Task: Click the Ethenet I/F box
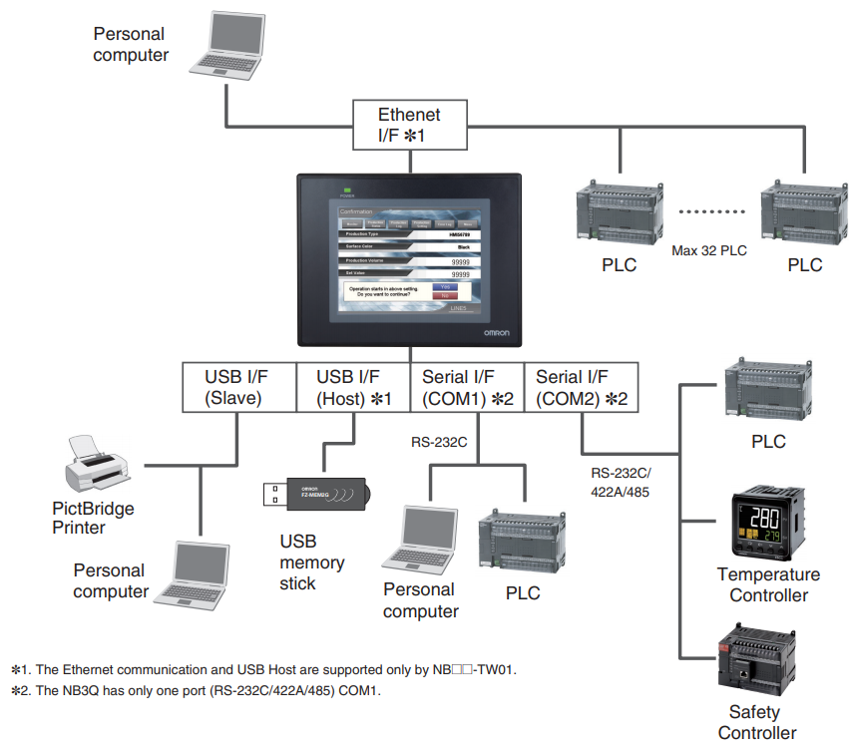409,125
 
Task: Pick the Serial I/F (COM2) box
581,387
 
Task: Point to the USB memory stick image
316,493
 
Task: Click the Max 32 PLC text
709,250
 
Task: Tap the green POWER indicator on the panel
348,188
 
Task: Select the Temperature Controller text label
768,584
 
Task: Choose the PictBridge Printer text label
93,518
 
